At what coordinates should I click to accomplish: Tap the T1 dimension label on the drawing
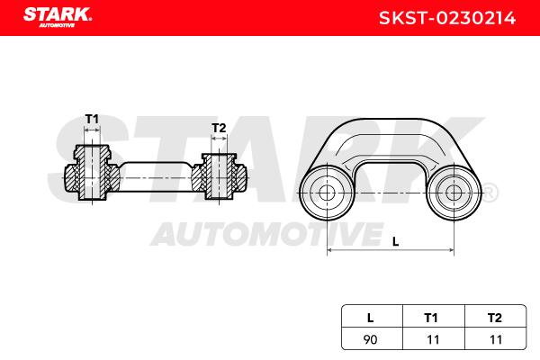[92, 119]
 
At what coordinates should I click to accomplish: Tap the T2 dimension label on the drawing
[218, 129]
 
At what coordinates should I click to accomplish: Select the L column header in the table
[370, 317]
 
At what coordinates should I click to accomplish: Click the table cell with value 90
[370, 338]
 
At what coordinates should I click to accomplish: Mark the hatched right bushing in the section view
[219, 176]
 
